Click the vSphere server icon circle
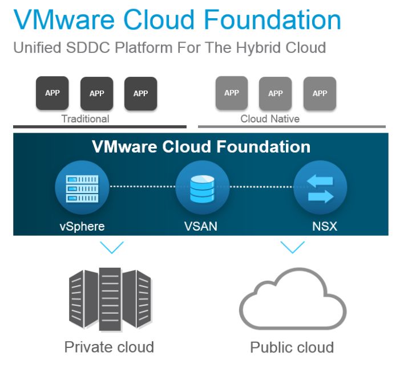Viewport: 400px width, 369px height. coord(82,187)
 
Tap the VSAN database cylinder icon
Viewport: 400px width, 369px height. coord(203,189)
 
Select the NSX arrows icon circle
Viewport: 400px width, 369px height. coord(320,187)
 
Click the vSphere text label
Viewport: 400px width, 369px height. coord(82,227)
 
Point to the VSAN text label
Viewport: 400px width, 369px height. coord(201,226)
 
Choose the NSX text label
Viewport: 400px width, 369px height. coord(325,226)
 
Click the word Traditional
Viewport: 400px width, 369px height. coord(85,118)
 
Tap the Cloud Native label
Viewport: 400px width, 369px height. coord(270,118)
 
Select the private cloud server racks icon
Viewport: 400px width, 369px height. coord(110,299)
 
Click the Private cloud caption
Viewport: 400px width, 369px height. coord(109,347)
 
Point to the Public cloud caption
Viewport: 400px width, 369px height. coord(292,347)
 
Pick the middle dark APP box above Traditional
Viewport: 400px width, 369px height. coord(96,93)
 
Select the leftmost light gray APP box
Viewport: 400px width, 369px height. coord(232,93)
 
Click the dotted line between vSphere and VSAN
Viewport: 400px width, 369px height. coord(143,186)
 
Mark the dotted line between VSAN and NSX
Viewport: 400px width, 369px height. coord(261,187)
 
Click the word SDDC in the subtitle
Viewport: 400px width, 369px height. coord(88,48)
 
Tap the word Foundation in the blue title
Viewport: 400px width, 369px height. coord(273,19)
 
